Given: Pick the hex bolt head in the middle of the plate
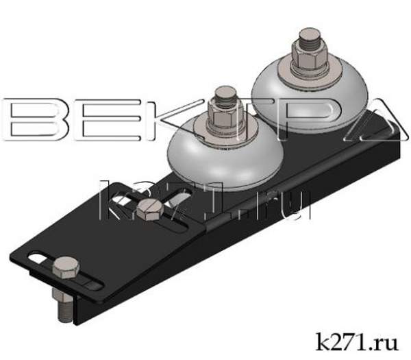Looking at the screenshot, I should pos(147,210).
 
